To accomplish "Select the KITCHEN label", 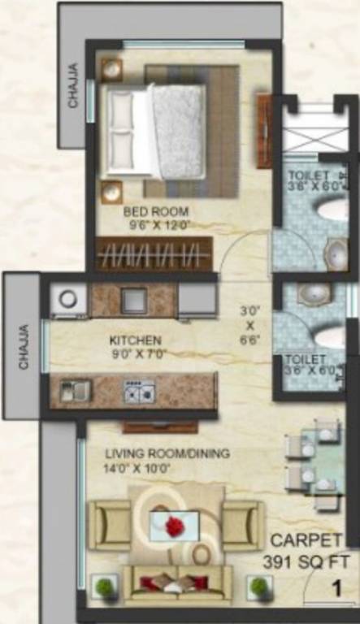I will [135, 340].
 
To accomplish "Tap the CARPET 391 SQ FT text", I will [306, 550].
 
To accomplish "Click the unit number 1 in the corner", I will [334, 586].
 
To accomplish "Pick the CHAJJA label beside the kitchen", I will [23, 347].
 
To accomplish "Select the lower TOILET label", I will [305, 358].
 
